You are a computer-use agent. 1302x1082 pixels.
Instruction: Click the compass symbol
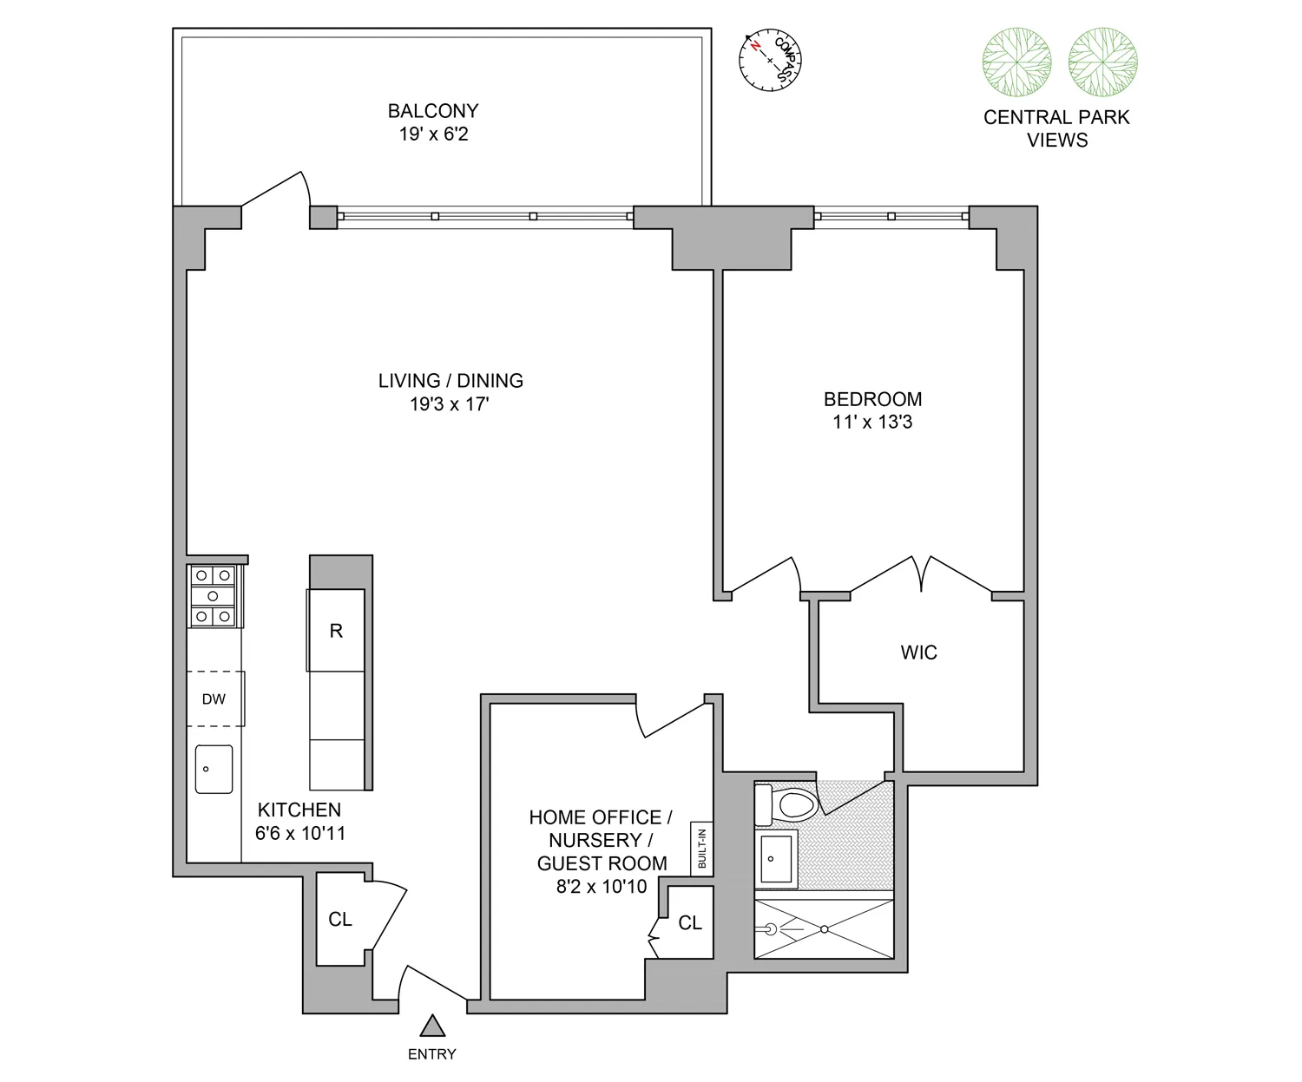point(769,60)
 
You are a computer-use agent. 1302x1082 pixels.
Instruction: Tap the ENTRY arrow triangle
point(432,1026)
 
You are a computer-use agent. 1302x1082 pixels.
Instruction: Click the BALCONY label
point(433,111)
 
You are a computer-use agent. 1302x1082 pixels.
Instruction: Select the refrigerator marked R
point(336,631)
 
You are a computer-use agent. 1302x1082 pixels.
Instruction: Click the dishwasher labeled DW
point(214,698)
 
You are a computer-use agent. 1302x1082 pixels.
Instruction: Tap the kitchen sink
point(214,769)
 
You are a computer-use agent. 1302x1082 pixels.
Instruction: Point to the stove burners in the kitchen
point(214,596)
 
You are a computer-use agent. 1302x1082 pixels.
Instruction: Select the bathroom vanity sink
point(777,859)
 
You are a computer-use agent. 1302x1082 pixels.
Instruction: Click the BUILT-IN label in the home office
point(701,848)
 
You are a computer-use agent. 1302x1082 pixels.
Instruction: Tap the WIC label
point(918,652)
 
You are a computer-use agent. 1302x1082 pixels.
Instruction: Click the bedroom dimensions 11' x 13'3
point(872,423)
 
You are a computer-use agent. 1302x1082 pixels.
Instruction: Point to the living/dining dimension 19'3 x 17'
point(450,404)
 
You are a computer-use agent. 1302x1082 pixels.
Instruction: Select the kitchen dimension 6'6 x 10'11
point(300,834)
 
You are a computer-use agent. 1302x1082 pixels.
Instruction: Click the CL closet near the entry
point(340,919)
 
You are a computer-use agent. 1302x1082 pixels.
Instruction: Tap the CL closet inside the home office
point(690,923)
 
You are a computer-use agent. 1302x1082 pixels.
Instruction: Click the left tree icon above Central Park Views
point(1016,62)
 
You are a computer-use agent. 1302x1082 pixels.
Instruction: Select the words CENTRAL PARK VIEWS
point(1056,128)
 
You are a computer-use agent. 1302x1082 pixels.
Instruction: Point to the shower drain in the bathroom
point(825,929)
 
